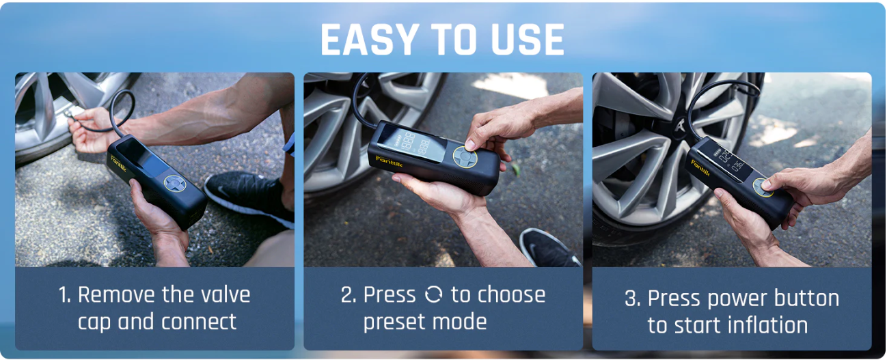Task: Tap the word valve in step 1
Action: click(224, 295)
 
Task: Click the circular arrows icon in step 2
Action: click(433, 295)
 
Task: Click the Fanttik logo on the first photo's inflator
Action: click(121, 163)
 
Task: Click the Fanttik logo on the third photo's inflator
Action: click(701, 168)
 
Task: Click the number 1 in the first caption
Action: click(64, 295)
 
